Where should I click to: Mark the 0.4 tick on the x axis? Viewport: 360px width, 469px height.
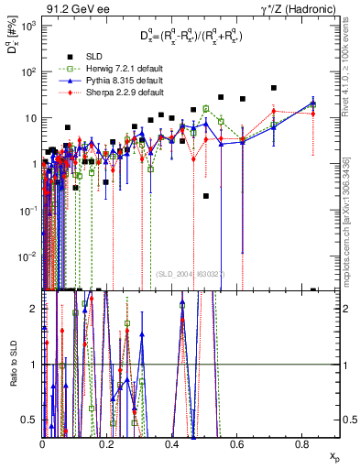click(172, 444)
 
